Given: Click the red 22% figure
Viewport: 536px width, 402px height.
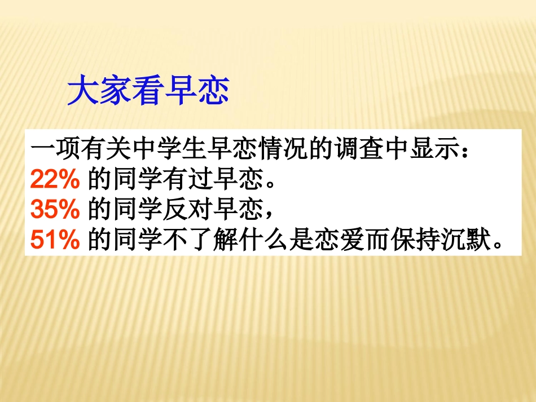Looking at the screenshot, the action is tap(55, 179).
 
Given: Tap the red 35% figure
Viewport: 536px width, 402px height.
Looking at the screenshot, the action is tap(55, 209).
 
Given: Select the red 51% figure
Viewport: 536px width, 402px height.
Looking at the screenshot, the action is tap(55, 239).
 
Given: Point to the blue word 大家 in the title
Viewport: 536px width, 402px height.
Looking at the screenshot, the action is tap(99, 91).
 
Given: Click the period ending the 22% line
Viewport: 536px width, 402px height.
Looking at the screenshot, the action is tap(270, 185).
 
